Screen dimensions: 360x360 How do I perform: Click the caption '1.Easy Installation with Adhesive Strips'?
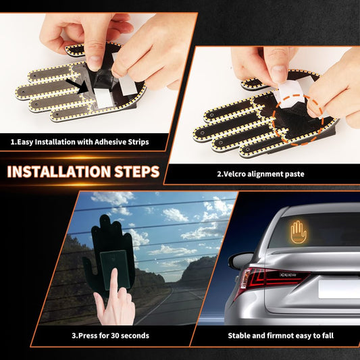79,143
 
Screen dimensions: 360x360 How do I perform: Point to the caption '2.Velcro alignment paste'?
260,174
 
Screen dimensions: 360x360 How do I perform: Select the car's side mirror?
240,260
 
